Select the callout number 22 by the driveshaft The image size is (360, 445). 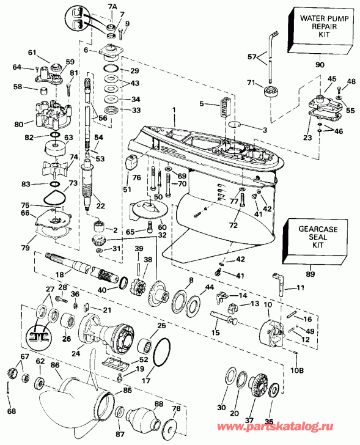pyautogui.click(x=100, y=205)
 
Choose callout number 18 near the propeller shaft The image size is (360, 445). pyautogui.click(x=59, y=276)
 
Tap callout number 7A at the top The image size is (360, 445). pyautogui.click(x=111, y=6)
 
